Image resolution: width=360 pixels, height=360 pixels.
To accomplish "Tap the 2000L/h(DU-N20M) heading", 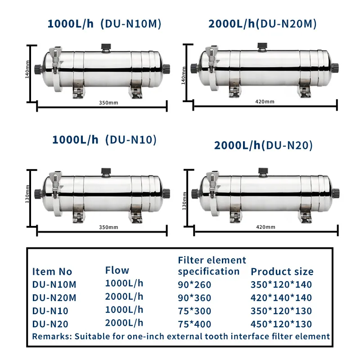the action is [262, 24].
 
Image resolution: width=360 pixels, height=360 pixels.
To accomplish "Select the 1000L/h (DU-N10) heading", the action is [104, 139].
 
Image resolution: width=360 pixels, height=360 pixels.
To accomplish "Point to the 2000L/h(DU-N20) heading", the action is [263, 145].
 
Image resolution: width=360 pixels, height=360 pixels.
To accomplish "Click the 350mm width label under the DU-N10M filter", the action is [108, 103].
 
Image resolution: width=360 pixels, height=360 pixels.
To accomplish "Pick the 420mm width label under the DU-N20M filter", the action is [265, 102].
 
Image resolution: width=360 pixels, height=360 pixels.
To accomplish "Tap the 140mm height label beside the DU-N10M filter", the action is [27, 69].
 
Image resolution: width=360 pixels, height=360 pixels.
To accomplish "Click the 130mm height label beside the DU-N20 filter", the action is [184, 201].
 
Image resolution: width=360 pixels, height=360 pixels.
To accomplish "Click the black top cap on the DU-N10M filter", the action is [106, 47].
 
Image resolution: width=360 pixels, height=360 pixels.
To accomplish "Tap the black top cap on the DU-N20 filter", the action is [263, 171].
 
